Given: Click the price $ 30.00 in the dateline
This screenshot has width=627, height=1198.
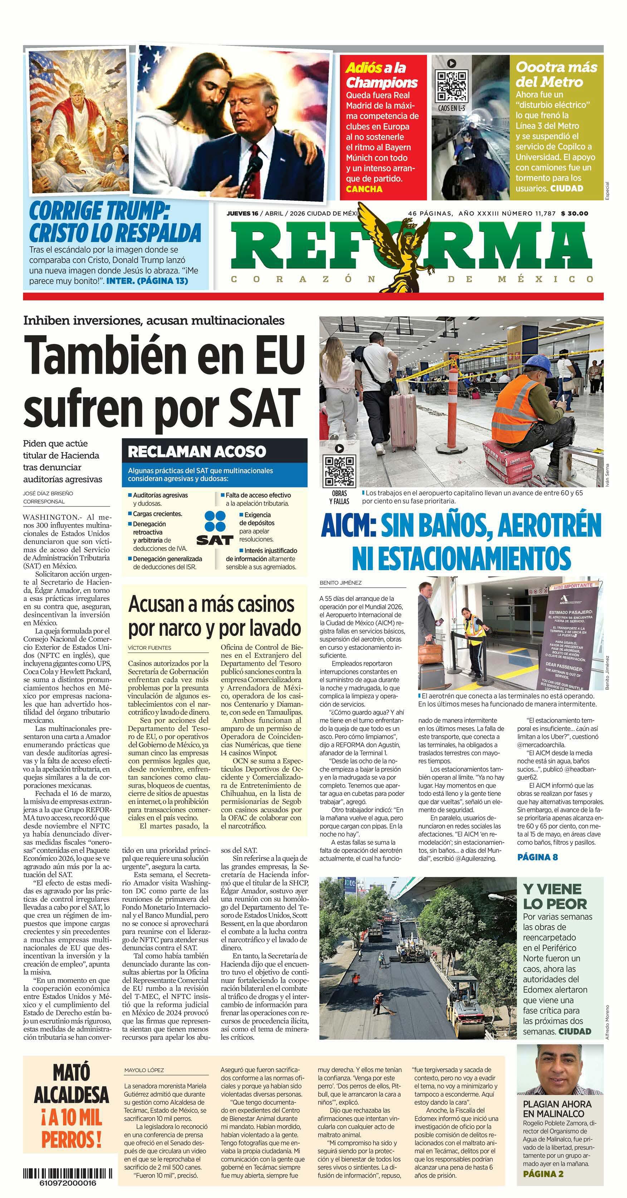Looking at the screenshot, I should coord(574,213).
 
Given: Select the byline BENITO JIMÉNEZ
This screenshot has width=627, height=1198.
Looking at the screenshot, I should coord(341,582).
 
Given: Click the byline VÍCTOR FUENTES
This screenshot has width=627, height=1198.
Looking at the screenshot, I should coord(149,647).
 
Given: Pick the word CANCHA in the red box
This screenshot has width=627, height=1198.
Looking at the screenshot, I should coord(364,189).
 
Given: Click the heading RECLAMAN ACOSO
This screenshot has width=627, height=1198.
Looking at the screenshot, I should coord(197,451).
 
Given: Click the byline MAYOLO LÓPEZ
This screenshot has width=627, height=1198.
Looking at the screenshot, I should coord(144,1069).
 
